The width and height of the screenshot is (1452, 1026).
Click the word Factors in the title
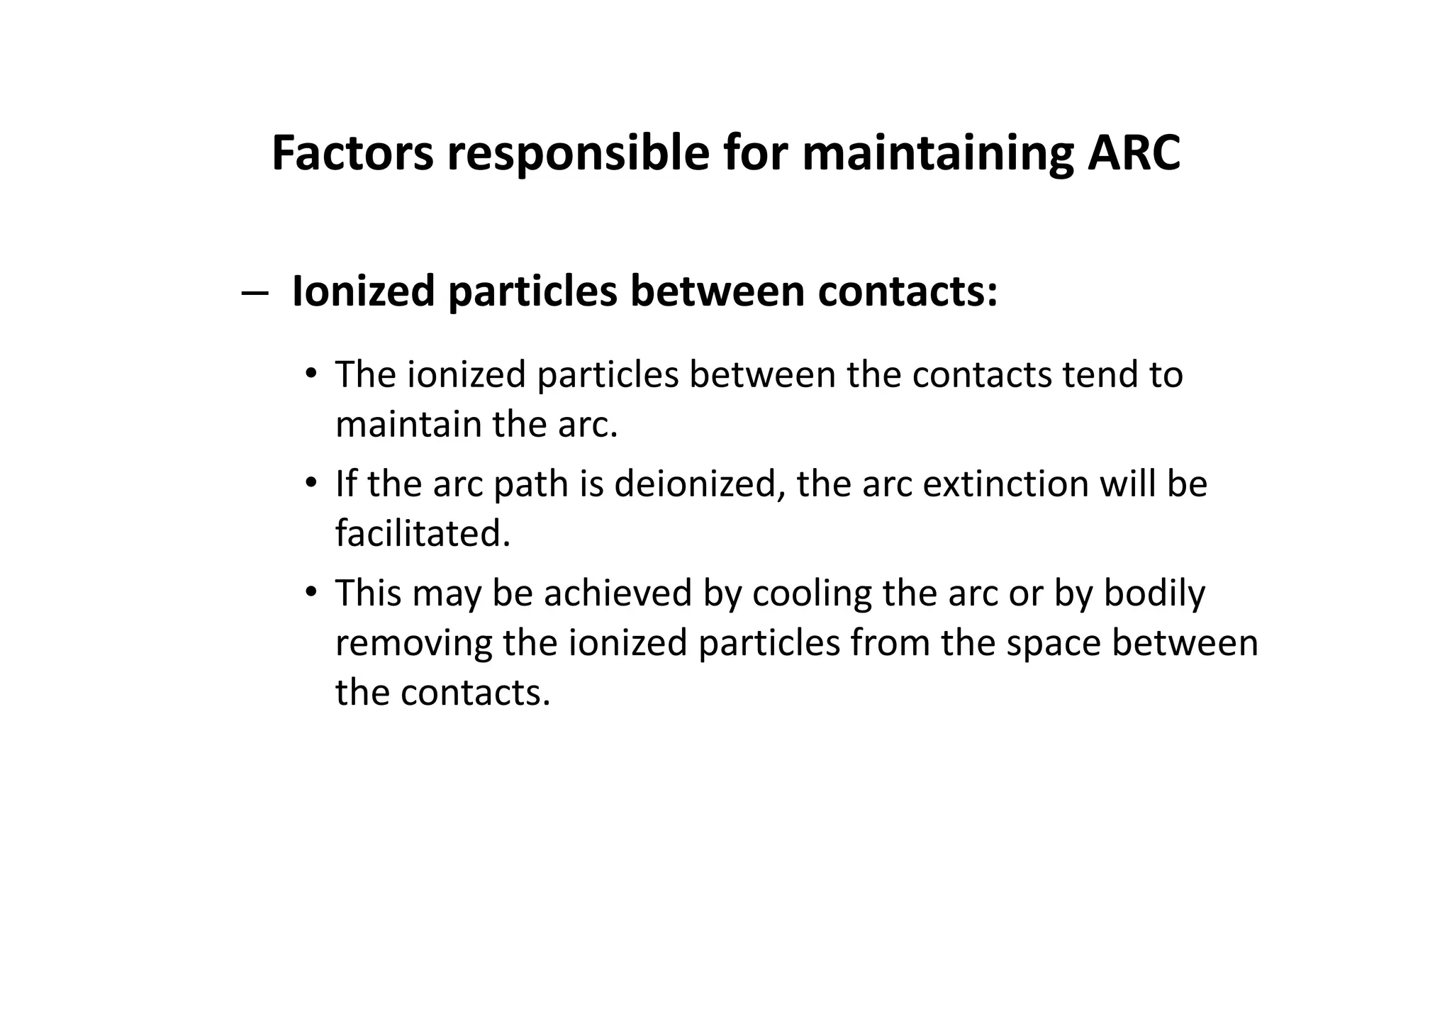352,153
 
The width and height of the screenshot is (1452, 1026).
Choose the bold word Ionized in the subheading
363,291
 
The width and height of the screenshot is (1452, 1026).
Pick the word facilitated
423,534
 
